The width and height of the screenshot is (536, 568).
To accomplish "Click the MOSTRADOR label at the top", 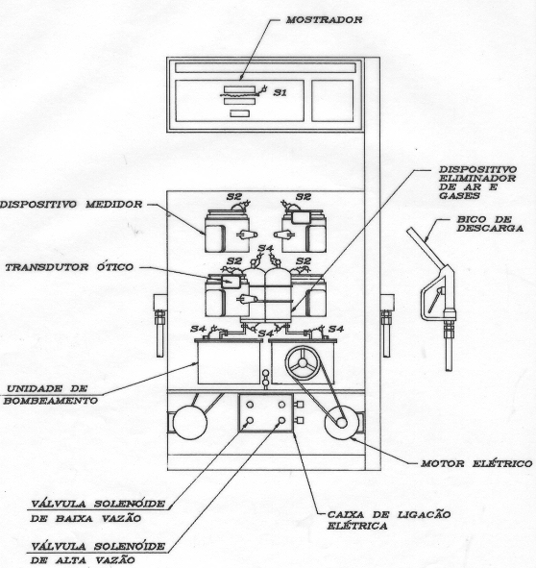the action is [324, 20].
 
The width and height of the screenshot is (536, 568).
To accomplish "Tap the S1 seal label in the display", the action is [280, 92].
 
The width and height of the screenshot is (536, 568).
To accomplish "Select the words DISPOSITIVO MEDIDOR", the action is [71, 205].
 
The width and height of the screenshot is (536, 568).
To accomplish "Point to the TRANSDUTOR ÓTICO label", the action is [69, 267].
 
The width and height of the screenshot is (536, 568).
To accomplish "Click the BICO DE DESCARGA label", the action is [490, 224].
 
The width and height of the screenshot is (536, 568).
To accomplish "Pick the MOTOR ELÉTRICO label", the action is [476, 463].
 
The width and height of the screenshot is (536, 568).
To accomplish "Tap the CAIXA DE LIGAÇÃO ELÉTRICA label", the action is [389, 520].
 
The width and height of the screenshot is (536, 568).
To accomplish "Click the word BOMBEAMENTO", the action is [51, 401].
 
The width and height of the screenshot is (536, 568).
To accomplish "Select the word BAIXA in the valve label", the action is [74, 519].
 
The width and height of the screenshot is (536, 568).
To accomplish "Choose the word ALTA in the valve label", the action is [72, 560].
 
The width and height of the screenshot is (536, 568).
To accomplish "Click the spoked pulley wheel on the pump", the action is [303, 363].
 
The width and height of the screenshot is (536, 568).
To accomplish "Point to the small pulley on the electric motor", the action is [341, 422].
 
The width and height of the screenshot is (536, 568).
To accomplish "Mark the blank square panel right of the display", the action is [332, 101].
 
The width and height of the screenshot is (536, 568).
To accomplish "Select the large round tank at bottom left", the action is [189, 422].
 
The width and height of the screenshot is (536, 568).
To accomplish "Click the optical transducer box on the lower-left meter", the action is [231, 282].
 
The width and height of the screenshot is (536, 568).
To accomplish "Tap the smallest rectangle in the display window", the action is [240, 113].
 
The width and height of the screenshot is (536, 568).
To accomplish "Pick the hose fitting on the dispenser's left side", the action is [159, 325].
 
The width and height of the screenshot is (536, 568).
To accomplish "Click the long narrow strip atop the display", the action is [265, 68].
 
